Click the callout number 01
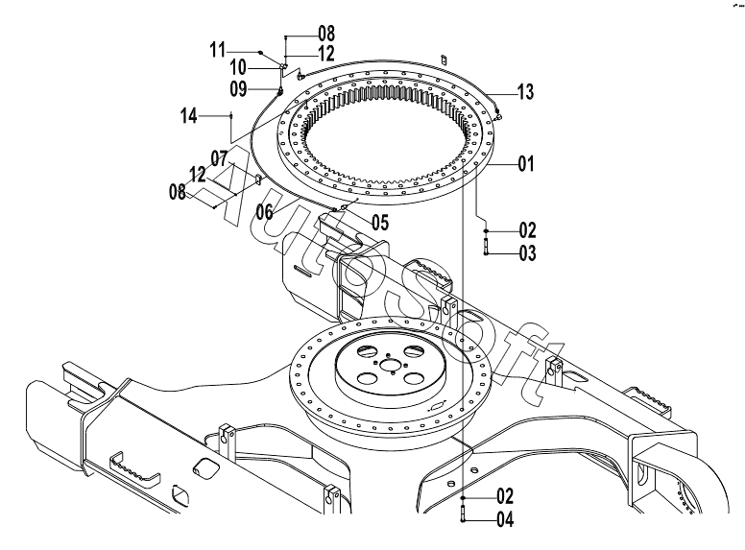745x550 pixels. pyautogui.click(x=526, y=164)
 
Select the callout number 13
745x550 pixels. pyautogui.click(x=525, y=92)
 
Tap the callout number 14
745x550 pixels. pyautogui.click(x=188, y=116)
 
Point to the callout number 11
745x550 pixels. pyautogui.click(x=218, y=50)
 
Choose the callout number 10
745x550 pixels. pyautogui.click(x=238, y=68)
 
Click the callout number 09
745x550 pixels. pyautogui.click(x=238, y=89)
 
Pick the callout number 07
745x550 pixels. pyautogui.click(x=219, y=158)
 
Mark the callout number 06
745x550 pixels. pyautogui.click(x=265, y=212)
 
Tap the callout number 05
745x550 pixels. pyautogui.click(x=380, y=222)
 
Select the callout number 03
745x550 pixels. pyautogui.click(x=527, y=253)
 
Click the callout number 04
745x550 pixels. pyautogui.click(x=505, y=519)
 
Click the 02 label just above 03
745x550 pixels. pyautogui.click(x=527, y=230)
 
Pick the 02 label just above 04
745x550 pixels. pyautogui.click(x=505, y=496)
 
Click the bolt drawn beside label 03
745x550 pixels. pyautogui.click(x=486, y=247)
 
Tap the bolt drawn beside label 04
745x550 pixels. pyautogui.click(x=463, y=514)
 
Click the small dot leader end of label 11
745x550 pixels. pyautogui.click(x=260, y=51)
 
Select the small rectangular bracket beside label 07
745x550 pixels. pyautogui.click(x=258, y=180)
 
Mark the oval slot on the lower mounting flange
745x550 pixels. pyautogui.click(x=437, y=406)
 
